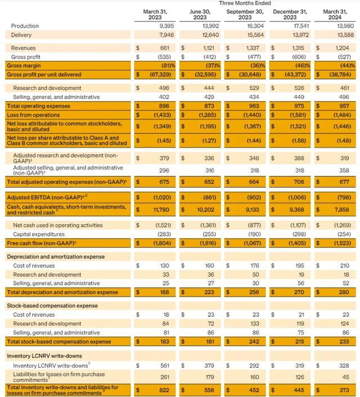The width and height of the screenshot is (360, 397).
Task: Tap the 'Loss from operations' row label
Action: coord(31,114)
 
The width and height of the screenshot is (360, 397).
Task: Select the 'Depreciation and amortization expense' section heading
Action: coord(55,257)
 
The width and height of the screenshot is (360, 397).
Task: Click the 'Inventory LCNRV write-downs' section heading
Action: coord(43,356)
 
